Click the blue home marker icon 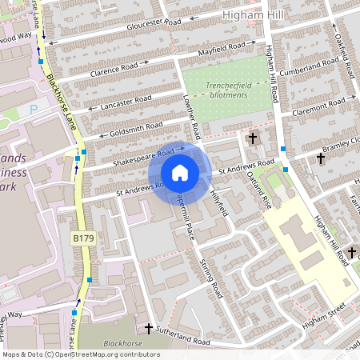(180, 173)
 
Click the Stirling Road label (210, 280)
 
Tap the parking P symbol (33, 109)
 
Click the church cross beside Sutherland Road (149, 329)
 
